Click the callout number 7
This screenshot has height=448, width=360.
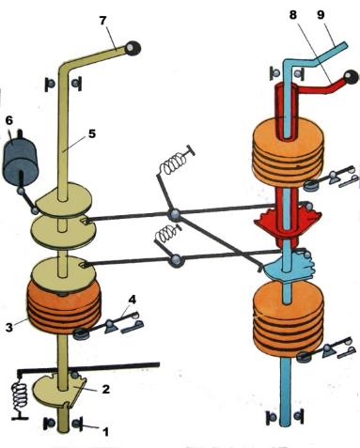pos(102,22)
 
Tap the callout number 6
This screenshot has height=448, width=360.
pos(8,121)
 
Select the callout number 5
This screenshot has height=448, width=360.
pos(91,134)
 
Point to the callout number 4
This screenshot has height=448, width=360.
pos(132,300)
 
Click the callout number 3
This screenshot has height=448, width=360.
pos(9,328)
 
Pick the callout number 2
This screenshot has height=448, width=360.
pos(105,389)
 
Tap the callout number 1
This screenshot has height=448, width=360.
pos(105,432)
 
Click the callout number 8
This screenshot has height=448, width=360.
pos(292,15)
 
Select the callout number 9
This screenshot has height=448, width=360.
pos(321,15)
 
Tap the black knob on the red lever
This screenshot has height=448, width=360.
pos(351,78)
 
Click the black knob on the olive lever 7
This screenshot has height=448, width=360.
pos(133,49)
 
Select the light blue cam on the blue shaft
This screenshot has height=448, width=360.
pos(290,266)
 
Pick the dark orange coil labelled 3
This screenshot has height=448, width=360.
pos(65,307)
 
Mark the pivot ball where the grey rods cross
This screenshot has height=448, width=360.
pos(174,215)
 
